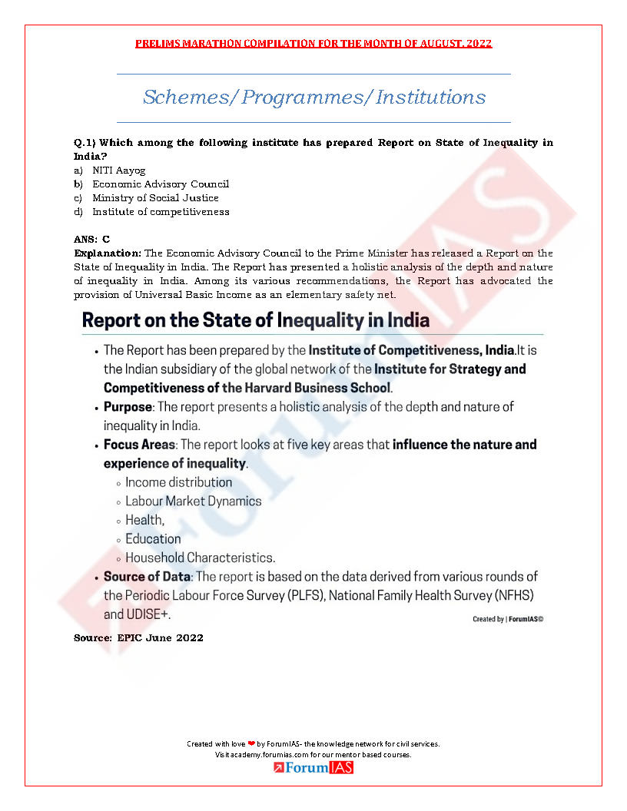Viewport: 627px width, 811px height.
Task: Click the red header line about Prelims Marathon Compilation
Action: pyautogui.click(x=313, y=44)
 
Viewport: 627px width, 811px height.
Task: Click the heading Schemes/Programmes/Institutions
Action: pyautogui.click(x=313, y=98)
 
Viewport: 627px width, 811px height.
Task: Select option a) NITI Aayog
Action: pyautogui.click(x=118, y=170)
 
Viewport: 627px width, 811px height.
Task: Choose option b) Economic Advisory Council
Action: pyautogui.click(x=161, y=184)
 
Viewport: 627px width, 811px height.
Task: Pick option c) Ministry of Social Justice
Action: pyautogui.click(x=155, y=198)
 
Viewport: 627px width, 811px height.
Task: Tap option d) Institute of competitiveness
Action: pyautogui.click(x=161, y=212)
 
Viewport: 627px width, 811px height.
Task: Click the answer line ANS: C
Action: pyautogui.click(x=91, y=240)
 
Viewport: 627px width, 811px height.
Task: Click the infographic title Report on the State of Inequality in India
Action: pyautogui.click(x=256, y=319)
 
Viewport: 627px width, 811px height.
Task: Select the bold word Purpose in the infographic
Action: pyautogui.click(x=128, y=406)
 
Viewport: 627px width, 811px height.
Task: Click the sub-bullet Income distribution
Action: pyautogui.click(x=178, y=482)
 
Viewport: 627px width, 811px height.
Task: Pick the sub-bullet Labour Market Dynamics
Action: pyautogui.click(x=193, y=501)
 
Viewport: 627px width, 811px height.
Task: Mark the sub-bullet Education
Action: pyautogui.click(x=153, y=539)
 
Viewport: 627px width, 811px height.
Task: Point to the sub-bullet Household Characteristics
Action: pyautogui.click(x=200, y=558)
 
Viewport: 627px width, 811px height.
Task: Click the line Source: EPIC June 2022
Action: pyautogui.click(x=138, y=638)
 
